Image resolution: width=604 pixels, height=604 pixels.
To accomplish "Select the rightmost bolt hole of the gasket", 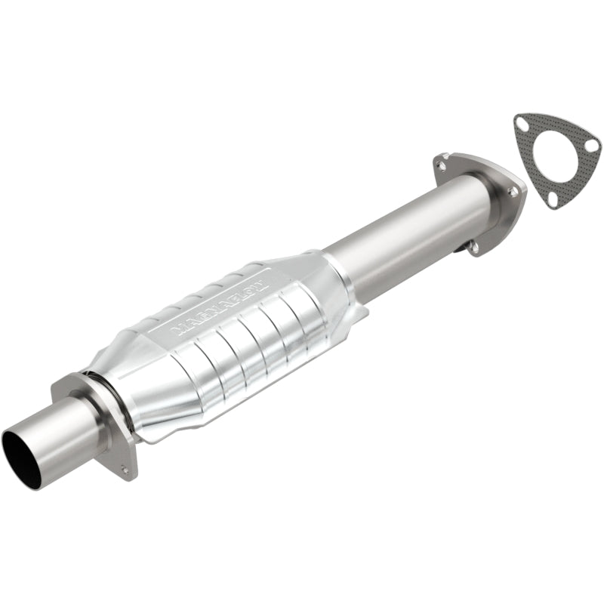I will click(x=594, y=144).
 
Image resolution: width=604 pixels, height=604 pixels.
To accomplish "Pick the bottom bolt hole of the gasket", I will click(x=553, y=198).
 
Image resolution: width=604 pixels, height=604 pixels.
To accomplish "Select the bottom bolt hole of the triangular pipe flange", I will click(x=473, y=244).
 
